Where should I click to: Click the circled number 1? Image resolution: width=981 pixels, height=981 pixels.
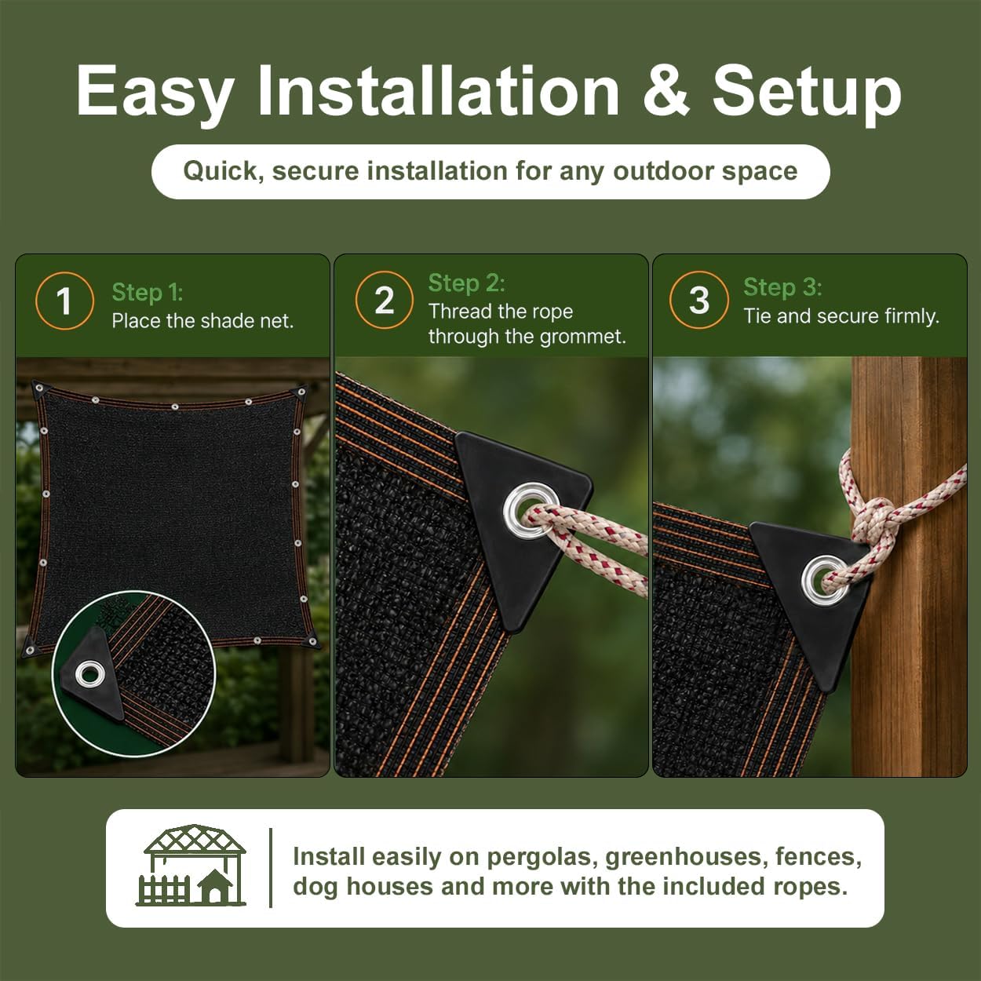64,301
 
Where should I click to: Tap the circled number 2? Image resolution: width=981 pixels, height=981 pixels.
385,300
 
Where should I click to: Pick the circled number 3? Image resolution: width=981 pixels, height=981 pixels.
699,300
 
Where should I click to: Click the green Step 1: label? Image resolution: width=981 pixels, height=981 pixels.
147,292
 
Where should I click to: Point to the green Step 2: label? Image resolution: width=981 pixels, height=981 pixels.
466,283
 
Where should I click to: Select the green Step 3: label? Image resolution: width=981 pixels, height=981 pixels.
782,287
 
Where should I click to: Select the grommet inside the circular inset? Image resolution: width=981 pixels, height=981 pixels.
90,674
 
